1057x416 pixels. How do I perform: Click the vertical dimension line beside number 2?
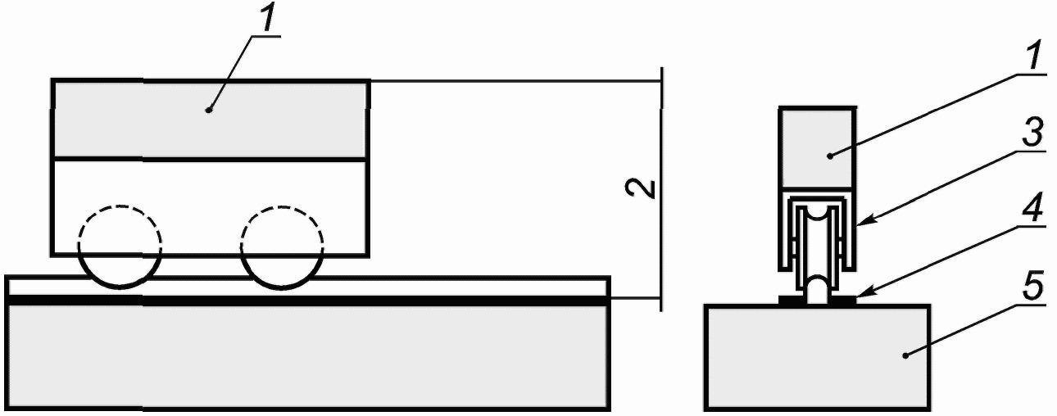click(661, 246)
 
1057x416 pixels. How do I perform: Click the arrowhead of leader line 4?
click(859, 297)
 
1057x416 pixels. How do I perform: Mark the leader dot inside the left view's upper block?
click(210, 109)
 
